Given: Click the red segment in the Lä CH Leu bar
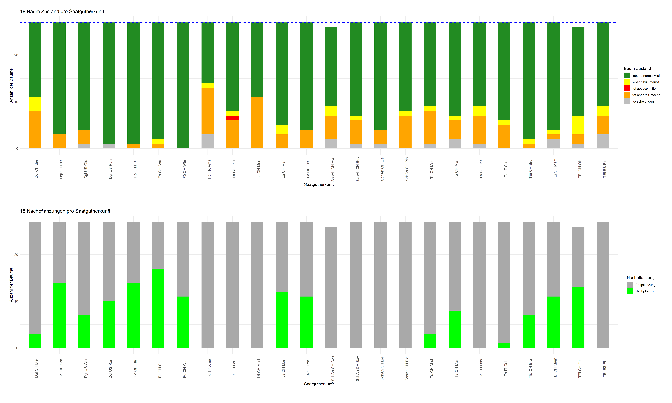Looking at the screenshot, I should click(x=232, y=118).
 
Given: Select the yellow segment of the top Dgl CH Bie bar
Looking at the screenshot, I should click(x=35, y=104).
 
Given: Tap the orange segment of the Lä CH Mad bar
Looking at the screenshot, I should click(x=257, y=123).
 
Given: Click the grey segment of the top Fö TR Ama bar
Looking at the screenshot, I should click(x=208, y=141).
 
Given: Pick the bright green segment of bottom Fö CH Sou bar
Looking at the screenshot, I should click(x=158, y=308).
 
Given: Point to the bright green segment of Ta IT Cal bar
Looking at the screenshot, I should click(x=504, y=345).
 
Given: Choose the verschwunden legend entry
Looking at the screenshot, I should click(x=643, y=102).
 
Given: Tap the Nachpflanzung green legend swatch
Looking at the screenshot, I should click(x=630, y=291).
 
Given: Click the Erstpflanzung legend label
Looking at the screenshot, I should click(x=645, y=285).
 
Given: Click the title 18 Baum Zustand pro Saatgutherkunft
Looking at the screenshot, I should click(x=62, y=11).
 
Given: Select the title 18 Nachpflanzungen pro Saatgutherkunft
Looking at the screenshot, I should click(x=65, y=211).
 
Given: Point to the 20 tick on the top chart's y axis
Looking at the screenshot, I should click(x=16, y=55).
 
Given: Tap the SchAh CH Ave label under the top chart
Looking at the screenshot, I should click(x=333, y=169).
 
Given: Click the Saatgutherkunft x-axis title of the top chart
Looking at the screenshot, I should click(x=319, y=184).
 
